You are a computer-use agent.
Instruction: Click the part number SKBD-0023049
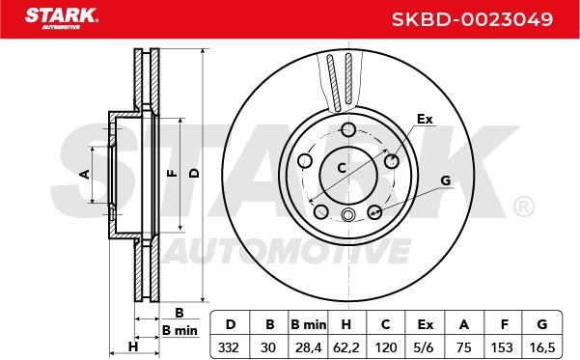[x=472, y=19]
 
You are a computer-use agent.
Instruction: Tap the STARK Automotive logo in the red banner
[x=62, y=17]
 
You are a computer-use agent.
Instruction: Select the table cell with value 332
[x=229, y=347]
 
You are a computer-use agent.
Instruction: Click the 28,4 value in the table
[x=309, y=347]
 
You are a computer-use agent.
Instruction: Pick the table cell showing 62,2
[x=346, y=347]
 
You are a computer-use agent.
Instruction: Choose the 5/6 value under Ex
[x=425, y=347]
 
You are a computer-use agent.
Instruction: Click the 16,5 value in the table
[x=542, y=347]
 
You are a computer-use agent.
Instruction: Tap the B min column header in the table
[x=309, y=324]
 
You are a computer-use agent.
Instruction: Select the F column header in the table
[x=504, y=324]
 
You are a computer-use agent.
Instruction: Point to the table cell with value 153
[x=502, y=347]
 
